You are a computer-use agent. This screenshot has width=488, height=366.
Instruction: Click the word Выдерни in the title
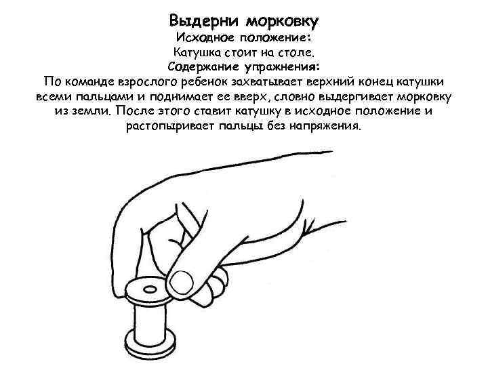201,19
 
